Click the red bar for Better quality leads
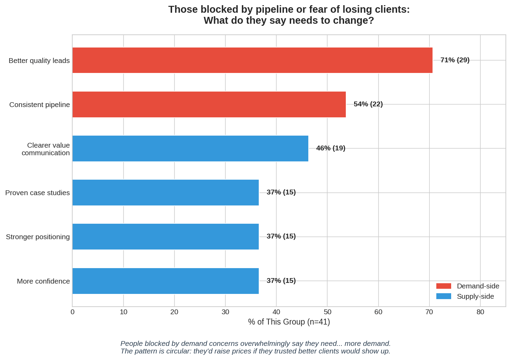(x=252, y=60)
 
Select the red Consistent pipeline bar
(x=209, y=104)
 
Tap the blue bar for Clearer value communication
(x=190, y=148)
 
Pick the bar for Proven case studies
(x=166, y=192)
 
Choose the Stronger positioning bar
(x=166, y=236)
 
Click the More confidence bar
(x=166, y=281)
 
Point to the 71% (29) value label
(x=455, y=60)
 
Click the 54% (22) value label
(x=368, y=104)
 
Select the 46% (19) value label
(x=330, y=148)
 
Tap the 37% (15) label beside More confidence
(x=281, y=280)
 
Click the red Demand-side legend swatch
(x=443, y=286)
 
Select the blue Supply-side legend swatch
(x=443, y=296)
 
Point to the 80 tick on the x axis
(x=480, y=312)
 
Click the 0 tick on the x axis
(x=72, y=312)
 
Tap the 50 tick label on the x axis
(x=327, y=312)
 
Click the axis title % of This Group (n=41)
(x=289, y=322)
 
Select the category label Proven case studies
(x=38, y=193)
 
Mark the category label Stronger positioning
(x=38, y=237)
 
